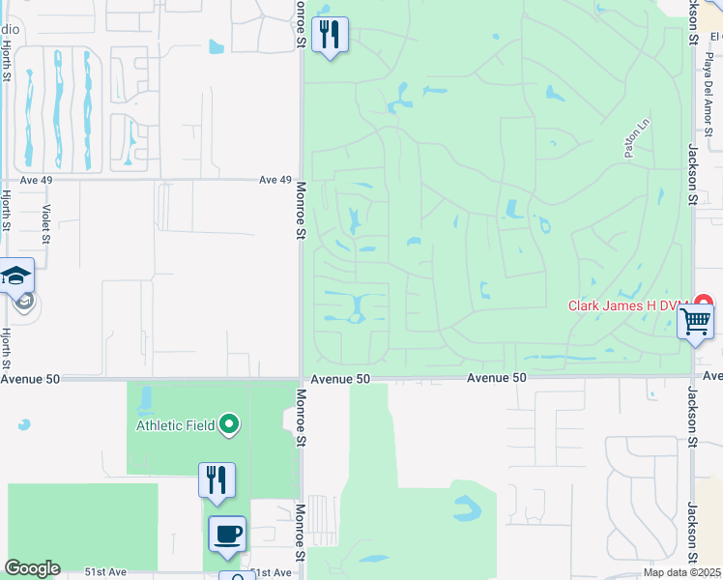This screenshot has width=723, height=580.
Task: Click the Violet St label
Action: (x=45, y=223)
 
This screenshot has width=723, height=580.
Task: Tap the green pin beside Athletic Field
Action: (x=229, y=424)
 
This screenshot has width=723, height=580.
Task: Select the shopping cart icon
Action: (x=695, y=321)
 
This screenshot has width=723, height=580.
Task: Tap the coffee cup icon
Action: (x=227, y=534)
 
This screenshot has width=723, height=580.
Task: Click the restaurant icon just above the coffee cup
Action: (x=217, y=479)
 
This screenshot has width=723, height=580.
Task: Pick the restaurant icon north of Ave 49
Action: (x=330, y=35)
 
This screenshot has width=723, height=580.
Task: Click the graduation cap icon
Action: (x=16, y=276)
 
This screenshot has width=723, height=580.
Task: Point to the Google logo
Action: (x=32, y=568)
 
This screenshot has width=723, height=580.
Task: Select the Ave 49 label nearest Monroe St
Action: (x=275, y=180)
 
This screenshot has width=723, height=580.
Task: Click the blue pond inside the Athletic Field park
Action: (x=146, y=398)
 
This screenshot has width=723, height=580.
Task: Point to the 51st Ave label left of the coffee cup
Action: (x=105, y=572)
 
